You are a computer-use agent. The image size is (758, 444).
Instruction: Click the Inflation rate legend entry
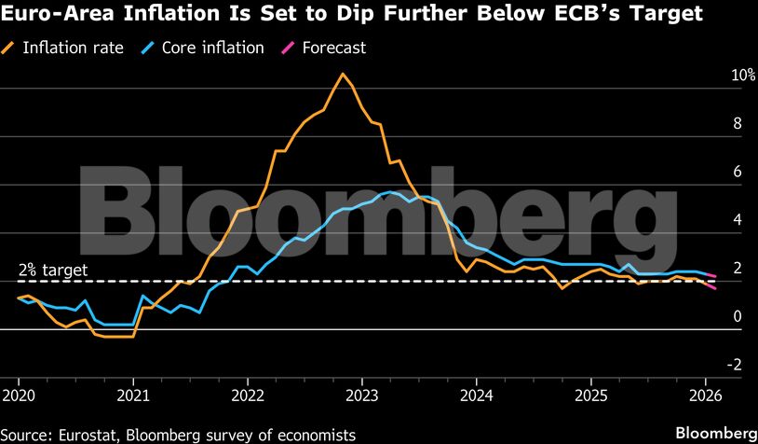[73, 48]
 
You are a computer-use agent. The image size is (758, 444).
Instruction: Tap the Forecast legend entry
[332, 48]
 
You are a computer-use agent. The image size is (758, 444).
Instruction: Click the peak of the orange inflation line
[343, 74]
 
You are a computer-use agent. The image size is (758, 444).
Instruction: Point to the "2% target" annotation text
[53, 271]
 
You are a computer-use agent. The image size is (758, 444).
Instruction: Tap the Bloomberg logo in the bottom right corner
[715, 433]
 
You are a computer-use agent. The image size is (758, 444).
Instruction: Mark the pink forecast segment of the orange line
[710, 285]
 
